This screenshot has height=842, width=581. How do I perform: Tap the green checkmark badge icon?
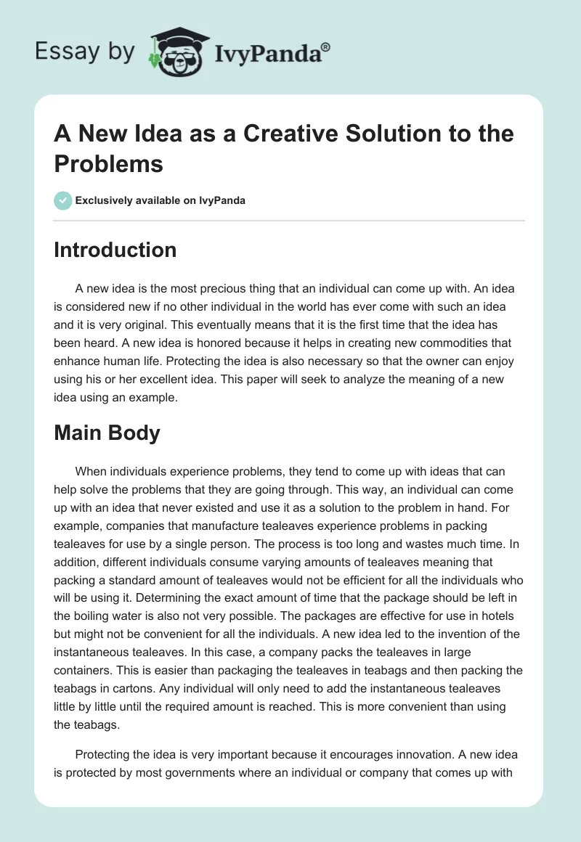pyautogui.click(x=63, y=200)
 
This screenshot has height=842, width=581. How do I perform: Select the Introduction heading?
pyautogui.click(x=115, y=250)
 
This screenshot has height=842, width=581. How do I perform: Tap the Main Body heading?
pyautogui.click(x=107, y=433)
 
